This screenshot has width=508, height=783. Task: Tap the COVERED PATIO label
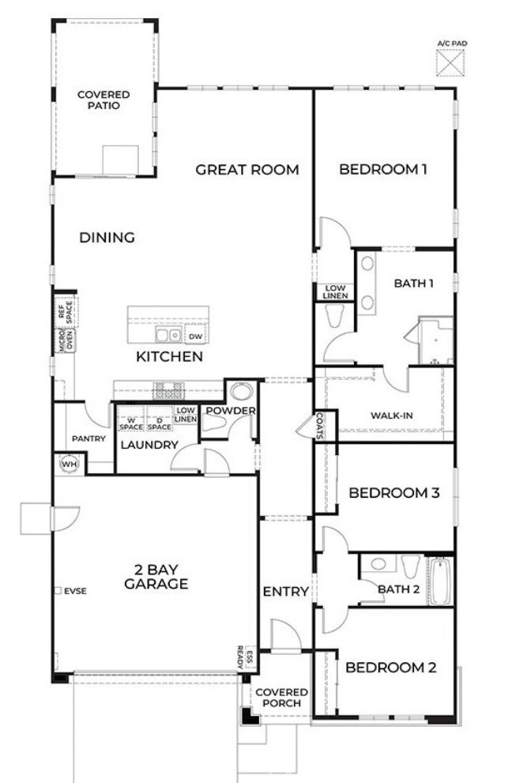click(x=103, y=100)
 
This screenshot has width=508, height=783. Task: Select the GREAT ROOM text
click(x=247, y=169)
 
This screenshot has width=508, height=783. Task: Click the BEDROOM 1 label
click(x=383, y=169)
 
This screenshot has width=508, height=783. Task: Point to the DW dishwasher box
click(x=195, y=336)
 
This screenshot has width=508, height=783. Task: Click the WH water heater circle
click(x=67, y=463)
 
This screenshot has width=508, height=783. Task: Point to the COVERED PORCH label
click(x=280, y=698)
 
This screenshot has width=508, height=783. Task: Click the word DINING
click(x=107, y=237)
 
